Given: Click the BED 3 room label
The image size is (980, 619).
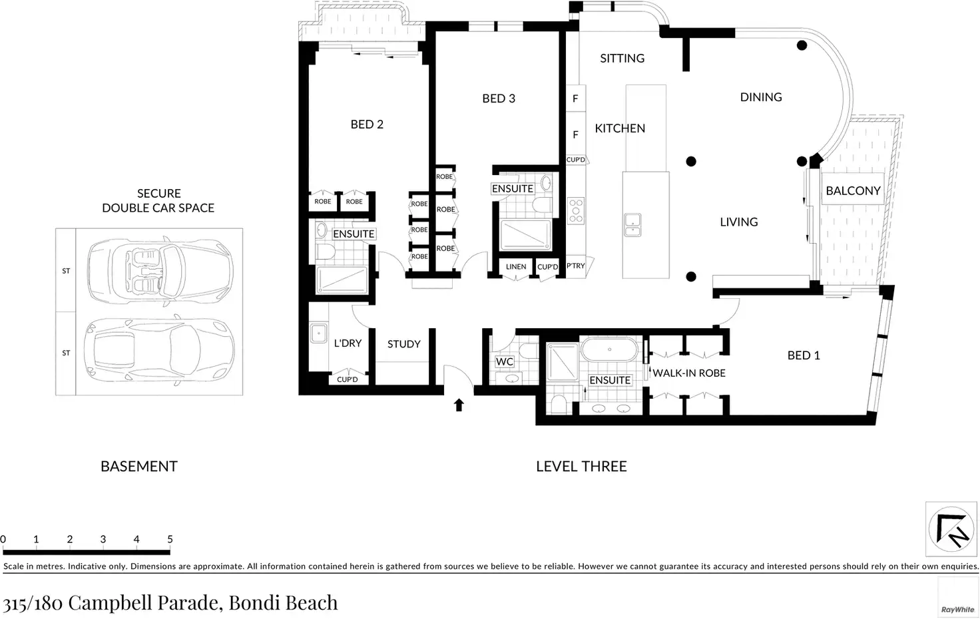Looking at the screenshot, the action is coord(499,99).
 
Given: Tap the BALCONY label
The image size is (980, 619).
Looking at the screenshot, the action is coord(853,191).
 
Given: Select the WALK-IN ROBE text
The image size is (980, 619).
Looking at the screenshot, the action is coord(689,373).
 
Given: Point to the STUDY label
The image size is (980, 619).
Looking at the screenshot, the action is coord(404,344).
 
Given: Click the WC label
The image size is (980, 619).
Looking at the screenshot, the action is coord(505,362).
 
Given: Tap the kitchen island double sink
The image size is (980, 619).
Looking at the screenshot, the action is coord(632,225).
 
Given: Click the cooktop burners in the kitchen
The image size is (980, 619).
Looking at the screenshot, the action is coord(576,211).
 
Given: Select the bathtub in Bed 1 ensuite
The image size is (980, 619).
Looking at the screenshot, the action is coord(609,349).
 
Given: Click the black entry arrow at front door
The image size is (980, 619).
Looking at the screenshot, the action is coord(459,405).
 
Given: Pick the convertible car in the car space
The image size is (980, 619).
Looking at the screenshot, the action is coord(160,271).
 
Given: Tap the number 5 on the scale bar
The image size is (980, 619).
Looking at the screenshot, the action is coord(170,539).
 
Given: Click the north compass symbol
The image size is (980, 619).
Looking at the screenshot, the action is coord(951,529).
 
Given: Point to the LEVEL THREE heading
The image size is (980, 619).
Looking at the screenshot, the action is coord(581,467).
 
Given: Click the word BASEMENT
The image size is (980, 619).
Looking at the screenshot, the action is coord(139,467).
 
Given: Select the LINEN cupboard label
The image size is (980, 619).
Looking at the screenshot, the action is coord(516,266).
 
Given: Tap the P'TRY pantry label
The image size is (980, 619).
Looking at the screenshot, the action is coord(575,266).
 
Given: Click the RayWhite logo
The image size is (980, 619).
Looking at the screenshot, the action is coord(957,610).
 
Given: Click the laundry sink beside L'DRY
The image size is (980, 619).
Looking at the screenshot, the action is coord(318,333).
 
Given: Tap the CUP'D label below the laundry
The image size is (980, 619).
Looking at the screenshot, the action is coord(348,379).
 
